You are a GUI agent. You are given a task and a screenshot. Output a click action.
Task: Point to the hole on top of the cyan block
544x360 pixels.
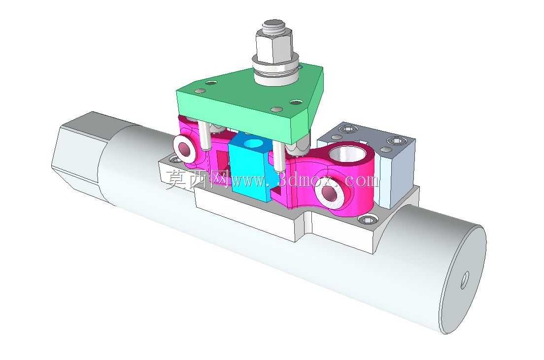(253, 142)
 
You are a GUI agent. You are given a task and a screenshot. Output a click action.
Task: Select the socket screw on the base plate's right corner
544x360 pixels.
(367, 220)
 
